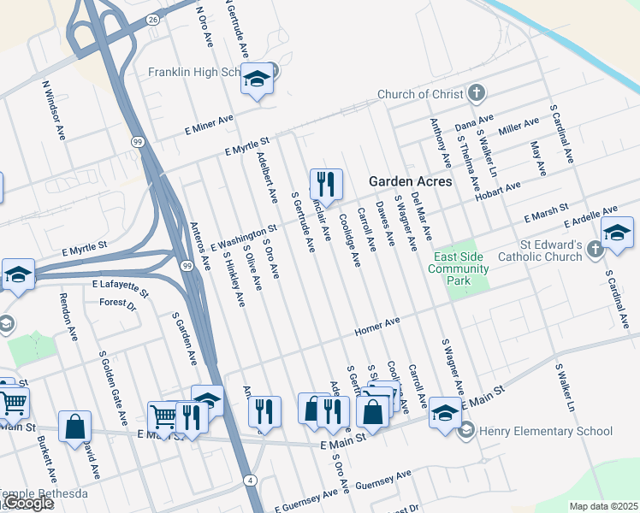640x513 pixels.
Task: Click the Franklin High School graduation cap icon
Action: [x=256, y=79]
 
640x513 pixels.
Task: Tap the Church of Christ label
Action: [x=420, y=94]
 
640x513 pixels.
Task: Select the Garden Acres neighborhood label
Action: [x=410, y=181]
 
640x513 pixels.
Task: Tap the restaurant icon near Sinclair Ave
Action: [x=326, y=183]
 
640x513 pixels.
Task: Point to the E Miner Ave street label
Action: [x=210, y=126]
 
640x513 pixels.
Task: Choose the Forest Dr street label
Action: [x=117, y=303]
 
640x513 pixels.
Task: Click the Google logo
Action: [x=27, y=503]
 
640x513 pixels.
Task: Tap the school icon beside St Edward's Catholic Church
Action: [x=616, y=233]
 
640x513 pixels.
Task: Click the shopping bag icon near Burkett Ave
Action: [x=74, y=425]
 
